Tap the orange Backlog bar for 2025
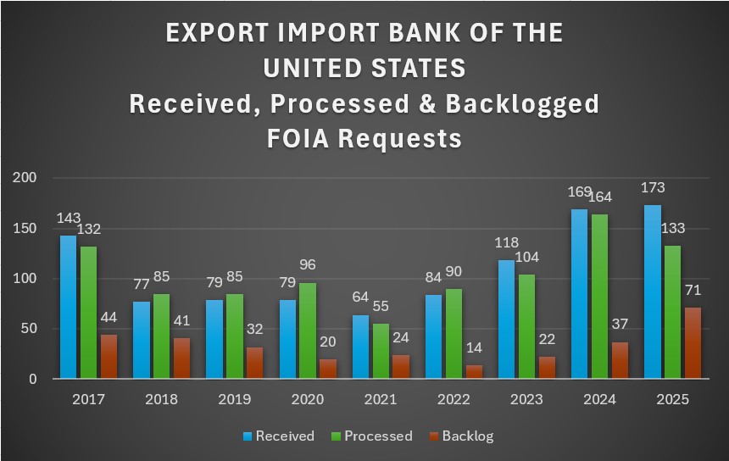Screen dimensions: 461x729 click(x=693, y=343)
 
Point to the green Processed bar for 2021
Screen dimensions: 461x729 click(x=380, y=351)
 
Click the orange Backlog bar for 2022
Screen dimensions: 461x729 click(x=475, y=372)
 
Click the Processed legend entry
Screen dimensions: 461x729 click(x=372, y=436)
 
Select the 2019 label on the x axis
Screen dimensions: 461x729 click(x=234, y=399)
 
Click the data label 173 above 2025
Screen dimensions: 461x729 click(x=653, y=187)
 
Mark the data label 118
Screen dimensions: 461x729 click(x=506, y=242)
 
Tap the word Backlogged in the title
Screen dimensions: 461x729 click(x=524, y=103)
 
